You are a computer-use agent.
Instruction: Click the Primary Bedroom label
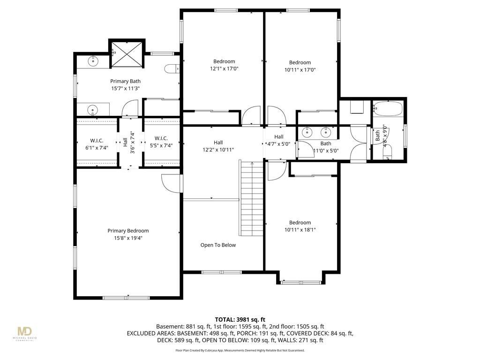click(128, 231)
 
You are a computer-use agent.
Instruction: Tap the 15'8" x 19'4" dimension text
click(128, 238)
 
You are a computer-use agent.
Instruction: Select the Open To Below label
click(218, 245)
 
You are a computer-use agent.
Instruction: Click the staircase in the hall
click(251, 198)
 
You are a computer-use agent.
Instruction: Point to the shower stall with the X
click(127, 54)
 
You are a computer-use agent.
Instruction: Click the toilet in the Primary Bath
click(172, 69)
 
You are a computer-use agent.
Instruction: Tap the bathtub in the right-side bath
click(388, 109)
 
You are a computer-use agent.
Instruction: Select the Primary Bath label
click(126, 81)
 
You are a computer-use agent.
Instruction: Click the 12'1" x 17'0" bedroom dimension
click(224, 69)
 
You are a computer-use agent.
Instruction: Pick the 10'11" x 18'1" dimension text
click(300, 230)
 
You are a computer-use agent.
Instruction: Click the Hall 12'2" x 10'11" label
click(218, 146)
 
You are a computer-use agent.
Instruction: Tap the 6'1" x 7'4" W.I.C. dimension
click(97, 148)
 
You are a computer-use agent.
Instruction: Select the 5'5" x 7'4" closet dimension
click(161, 146)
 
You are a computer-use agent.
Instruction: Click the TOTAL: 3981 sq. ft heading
click(240, 320)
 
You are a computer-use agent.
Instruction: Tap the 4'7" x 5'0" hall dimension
click(278, 144)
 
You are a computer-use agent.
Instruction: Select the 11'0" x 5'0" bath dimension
click(326, 150)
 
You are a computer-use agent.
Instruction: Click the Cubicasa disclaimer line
click(240, 350)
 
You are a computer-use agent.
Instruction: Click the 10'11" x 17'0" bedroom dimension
click(300, 70)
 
